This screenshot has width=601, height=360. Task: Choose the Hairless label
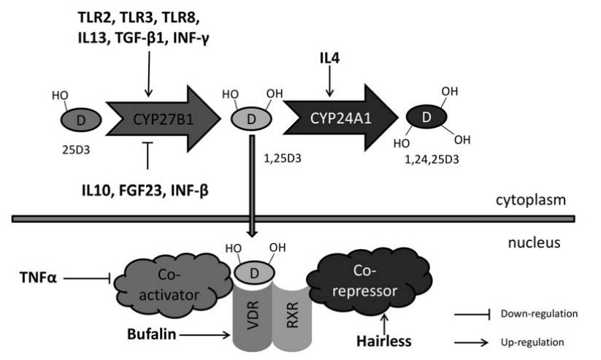382,340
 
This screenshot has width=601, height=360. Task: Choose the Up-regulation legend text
532,341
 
